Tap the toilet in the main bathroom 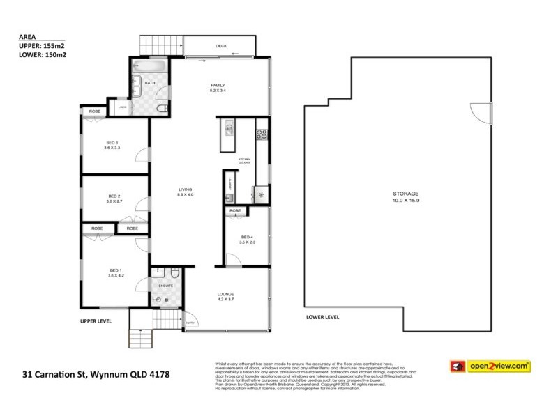click(161, 109)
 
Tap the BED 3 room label click(112, 144)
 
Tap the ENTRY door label click(190, 322)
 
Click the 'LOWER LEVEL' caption click(322, 317)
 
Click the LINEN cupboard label click(122, 107)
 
